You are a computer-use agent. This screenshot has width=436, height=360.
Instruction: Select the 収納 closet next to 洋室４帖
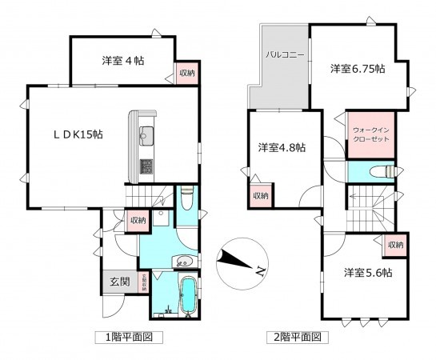click(x=186, y=74)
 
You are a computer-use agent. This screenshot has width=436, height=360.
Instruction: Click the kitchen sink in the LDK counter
click(x=147, y=134)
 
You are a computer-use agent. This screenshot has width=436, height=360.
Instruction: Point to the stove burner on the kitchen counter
click(x=147, y=166)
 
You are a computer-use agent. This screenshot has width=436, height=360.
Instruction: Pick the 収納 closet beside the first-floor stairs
click(x=137, y=220)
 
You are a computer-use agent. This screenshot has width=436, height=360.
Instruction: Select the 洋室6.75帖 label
click(x=358, y=69)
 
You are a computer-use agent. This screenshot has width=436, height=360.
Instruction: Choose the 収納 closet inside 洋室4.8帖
click(x=260, y=195)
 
